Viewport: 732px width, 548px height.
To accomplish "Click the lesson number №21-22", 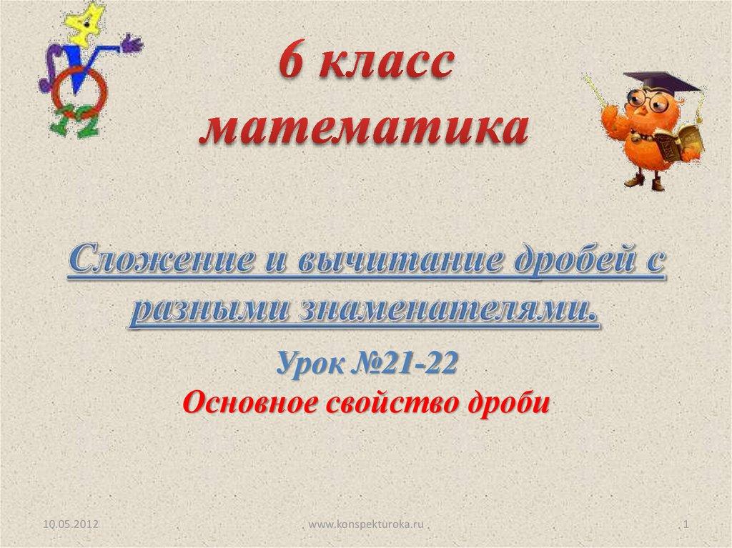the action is point(404,363).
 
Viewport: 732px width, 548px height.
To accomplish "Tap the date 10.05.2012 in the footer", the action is point(71,524).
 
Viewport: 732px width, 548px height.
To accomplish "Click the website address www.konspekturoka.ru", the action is point(366,524).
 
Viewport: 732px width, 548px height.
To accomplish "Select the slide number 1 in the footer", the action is point(686,524).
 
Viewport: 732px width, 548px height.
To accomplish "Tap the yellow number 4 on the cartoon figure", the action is point(86,24).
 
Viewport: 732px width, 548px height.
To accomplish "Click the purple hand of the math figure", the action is point(132,44).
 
